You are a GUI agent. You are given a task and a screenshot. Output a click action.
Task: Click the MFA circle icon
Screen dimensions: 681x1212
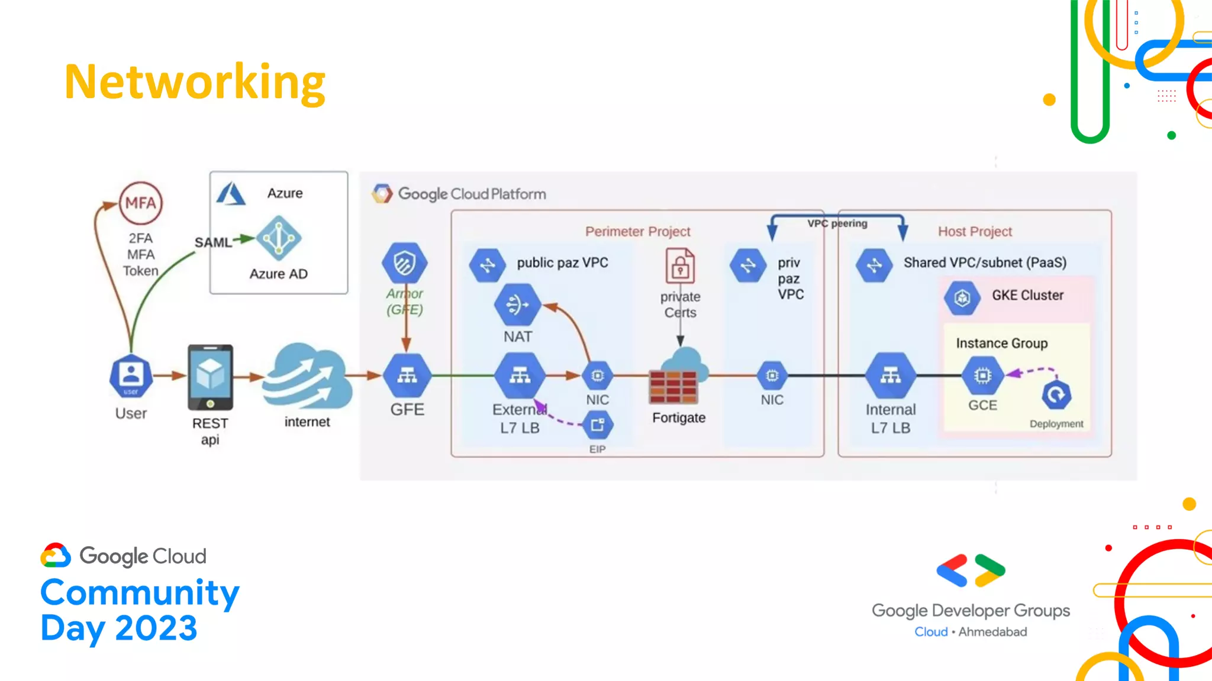click(x=141, y=203)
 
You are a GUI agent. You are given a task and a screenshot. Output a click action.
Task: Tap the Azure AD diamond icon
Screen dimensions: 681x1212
click(x=279, y=238)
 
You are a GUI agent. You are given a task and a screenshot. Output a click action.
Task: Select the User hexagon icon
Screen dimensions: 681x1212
click(x=131, y=376)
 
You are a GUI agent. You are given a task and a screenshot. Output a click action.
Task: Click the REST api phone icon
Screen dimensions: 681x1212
click(x=210, y=377)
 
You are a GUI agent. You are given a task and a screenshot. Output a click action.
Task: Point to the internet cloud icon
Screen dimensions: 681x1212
click(x=307, y=377)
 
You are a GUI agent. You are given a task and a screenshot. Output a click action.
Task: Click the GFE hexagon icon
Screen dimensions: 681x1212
click(x=407, y=375)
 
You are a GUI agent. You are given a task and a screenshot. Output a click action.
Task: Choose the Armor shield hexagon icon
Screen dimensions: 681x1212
click(x=405, y=262)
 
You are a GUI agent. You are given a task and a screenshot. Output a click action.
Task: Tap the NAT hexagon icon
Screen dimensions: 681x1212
click(x=517, y=305)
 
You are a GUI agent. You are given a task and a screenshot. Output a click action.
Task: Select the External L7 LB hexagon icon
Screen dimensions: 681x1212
click(x=520, y=375)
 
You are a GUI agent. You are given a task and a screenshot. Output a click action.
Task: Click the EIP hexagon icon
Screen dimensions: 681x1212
click(x=598, y=425)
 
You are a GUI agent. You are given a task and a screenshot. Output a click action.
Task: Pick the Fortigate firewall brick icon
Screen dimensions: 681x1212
click(x=673, y=386)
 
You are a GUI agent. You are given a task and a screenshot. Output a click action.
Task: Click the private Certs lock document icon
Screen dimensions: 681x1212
click(x=681, y=266)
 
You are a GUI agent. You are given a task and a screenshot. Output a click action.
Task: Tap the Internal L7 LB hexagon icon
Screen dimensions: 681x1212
click(x=891, y=375)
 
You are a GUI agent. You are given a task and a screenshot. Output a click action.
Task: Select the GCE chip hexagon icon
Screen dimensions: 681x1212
click(x=982, y=375)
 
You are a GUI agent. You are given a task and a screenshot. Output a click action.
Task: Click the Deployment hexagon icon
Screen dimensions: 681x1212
click(x=1056, y=395)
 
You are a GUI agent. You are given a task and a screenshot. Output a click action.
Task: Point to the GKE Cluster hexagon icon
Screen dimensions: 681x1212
click(x=962, y=297)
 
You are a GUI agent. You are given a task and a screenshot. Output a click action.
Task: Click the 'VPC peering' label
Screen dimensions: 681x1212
click(x=837, y=223)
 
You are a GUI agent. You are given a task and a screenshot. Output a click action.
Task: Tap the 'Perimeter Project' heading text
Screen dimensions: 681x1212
click(x=637, y=231)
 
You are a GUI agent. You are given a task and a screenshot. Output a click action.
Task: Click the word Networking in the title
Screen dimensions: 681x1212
click(x=195, y=82)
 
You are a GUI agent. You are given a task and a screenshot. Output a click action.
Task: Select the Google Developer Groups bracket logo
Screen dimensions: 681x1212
click(x=971, y=570)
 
